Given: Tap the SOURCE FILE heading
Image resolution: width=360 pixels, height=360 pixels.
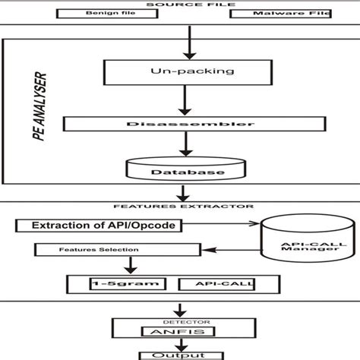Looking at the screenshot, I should pos(181,4).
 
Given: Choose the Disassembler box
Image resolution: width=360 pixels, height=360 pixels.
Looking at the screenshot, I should pos(180,124).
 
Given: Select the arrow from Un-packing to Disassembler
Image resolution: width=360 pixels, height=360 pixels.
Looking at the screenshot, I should pos(180,100).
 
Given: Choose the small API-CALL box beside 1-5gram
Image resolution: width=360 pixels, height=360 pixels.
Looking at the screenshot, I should pos(215,284).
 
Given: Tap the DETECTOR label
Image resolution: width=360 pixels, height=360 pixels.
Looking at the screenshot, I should pos(180,321).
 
